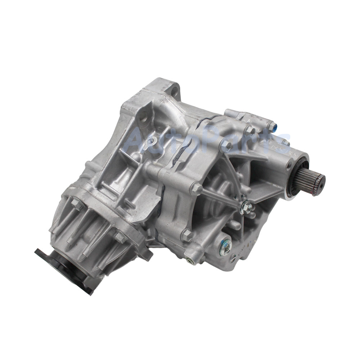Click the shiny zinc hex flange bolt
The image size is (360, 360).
pos(247,206)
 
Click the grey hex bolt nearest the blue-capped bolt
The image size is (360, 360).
pos(249,129)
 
